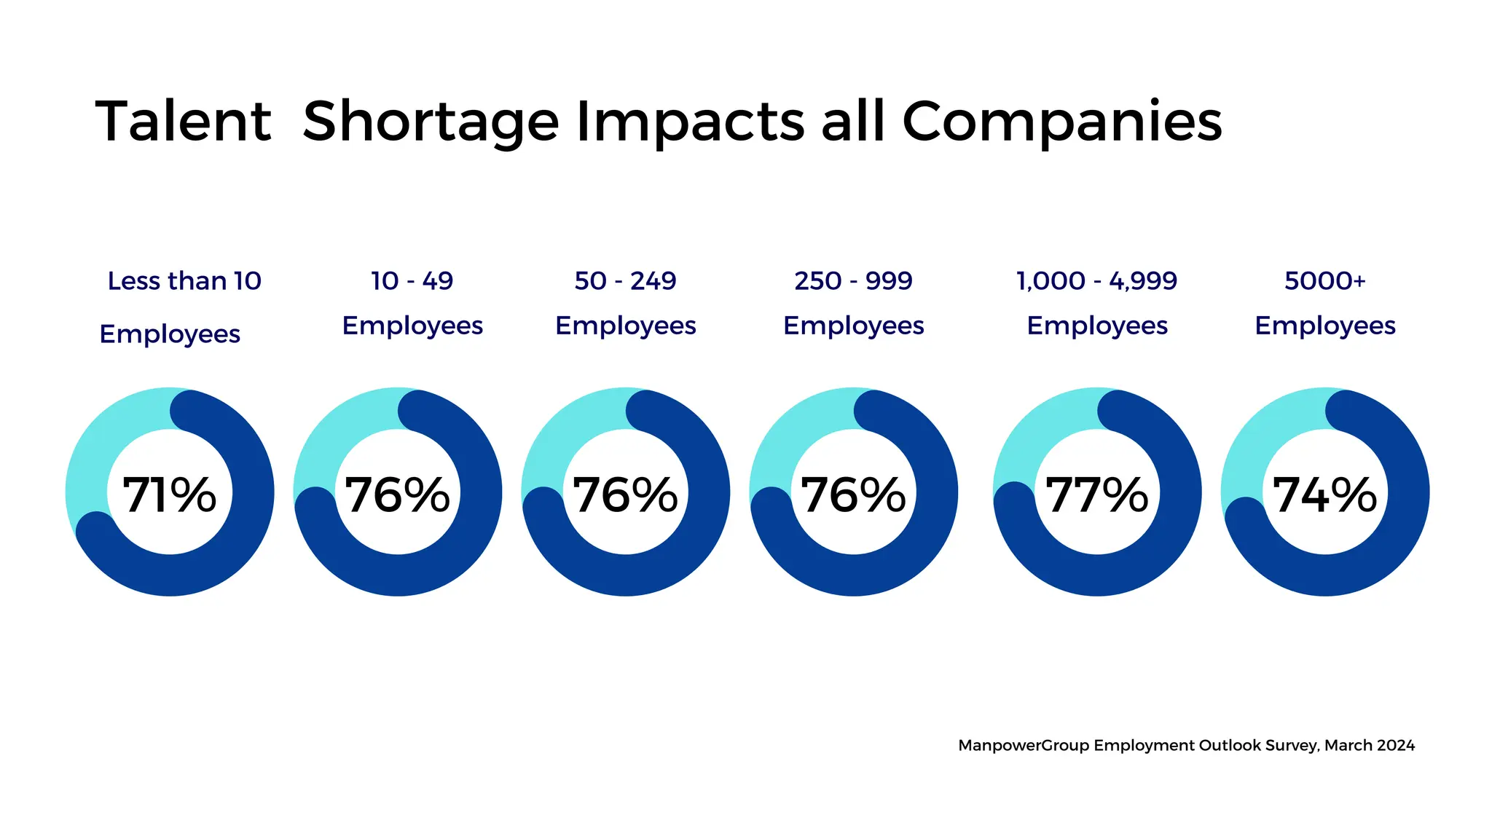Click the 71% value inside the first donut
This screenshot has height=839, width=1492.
tap(169, 495)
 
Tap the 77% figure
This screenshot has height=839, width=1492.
tap(1096, 495)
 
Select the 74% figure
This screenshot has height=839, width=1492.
tap(1324, 495)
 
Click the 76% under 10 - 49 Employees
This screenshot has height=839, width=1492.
tap(397, 495)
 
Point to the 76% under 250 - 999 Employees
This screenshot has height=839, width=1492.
tap(853, 495)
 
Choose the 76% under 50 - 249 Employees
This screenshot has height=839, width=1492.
tap(625, 495)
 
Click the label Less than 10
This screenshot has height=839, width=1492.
tap(184, 281)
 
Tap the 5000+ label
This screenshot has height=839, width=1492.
tap(1324, 281)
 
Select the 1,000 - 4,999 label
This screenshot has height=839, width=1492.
tap(1096, 281)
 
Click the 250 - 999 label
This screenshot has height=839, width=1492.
tap(853, 281)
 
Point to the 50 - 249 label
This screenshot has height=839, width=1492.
tap(625, 281)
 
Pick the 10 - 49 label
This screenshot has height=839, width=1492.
tap(412, 281)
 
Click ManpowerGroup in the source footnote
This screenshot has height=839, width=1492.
tap(1024, 746)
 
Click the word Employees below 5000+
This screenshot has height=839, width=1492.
tap(1324, 326)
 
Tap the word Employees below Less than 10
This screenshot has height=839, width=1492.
tap(170, 334)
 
